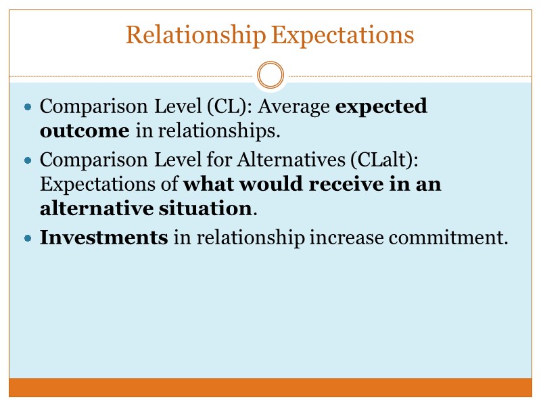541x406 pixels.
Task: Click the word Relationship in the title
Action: click(x=196, y=35)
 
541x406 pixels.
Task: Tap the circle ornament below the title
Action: click(x=270, y=74)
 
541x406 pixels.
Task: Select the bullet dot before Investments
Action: click(x=28, y=239)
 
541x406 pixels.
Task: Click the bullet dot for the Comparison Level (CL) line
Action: click(x=28, y=108)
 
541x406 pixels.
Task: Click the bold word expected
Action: click(x=381, y=107)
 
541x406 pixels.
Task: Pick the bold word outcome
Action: click(x=85, y=131)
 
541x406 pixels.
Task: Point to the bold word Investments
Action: click(x=103, y=238)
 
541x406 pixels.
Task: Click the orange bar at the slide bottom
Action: click(x=270, y=387)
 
